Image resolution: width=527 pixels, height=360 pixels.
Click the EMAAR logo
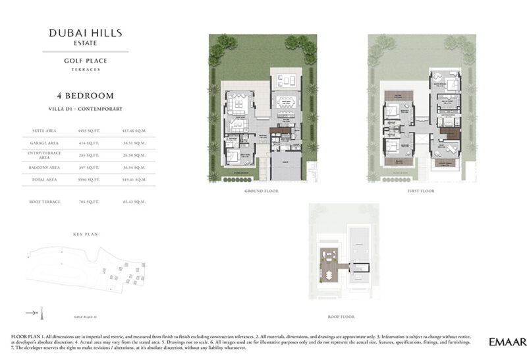pyautogui.click(x=507, y=342)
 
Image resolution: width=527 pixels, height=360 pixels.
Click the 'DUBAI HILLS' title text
pyautogui.click(x=85, y=32)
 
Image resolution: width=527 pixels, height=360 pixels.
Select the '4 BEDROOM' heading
pyautogui.click(x=85, y=96)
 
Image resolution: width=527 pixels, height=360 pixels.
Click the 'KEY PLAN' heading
pyautogui.click(x=85, y=234)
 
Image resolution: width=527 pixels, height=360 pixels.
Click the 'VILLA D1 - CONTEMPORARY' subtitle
pyautogui.click(x=85, y=108)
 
